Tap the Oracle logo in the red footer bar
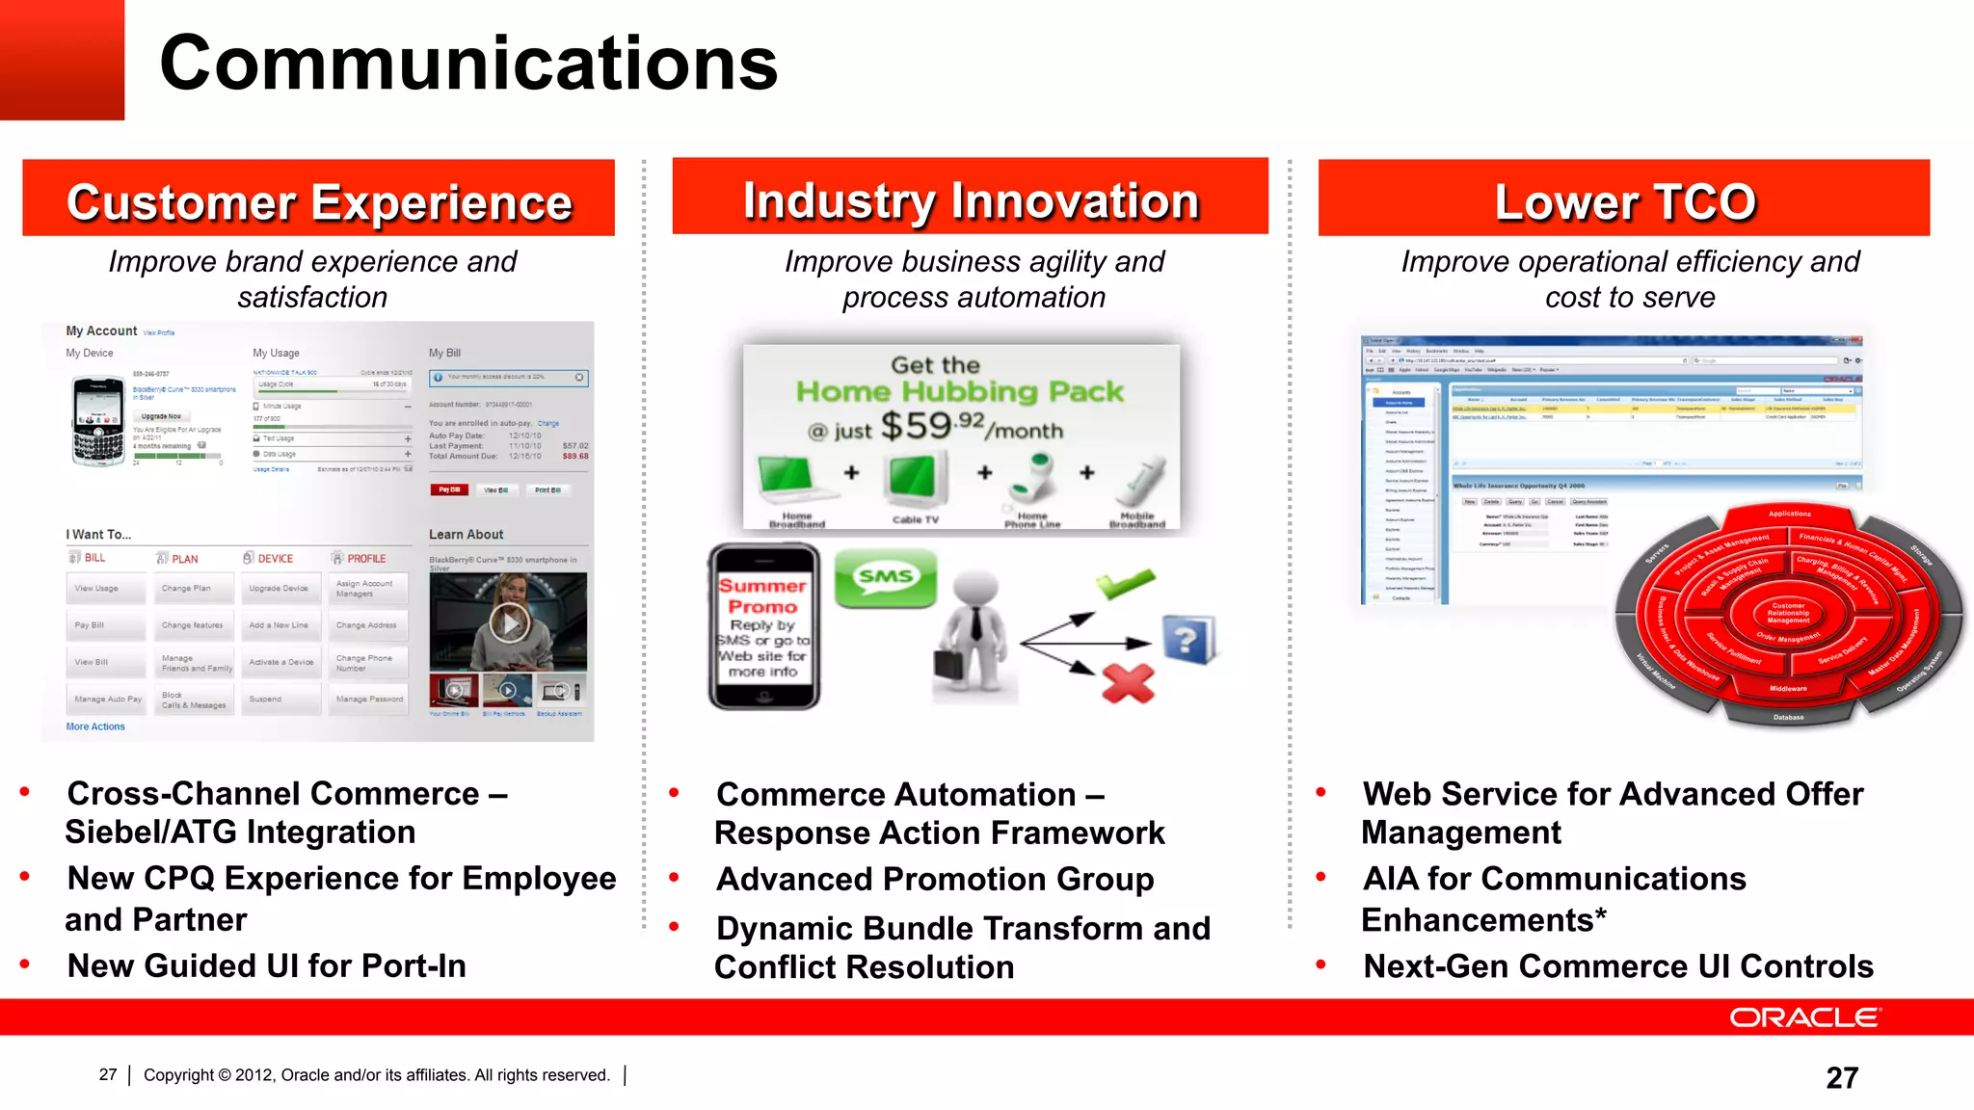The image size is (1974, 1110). [x=1803, y=1017]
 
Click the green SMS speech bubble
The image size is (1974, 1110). [x=885, y=578]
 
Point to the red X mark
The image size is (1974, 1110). [x=1128, y=683]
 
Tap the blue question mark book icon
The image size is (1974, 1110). [x=1188, y=639]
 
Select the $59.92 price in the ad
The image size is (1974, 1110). [x=931, y=425]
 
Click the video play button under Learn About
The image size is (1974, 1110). [x=509, y=623]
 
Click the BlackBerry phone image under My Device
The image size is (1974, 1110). [x=98, y=421]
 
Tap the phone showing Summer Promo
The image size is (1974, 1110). [x=763, y=627]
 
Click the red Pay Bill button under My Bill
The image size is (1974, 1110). [x=449, y=489]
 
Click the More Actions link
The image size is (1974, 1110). [x=95, y=727]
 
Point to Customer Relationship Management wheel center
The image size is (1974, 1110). [x=1788, y=613]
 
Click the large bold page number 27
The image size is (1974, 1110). [x=1841, y=1077]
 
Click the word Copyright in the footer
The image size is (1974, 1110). [x=179, y=1075]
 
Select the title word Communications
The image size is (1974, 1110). [x=468, y=63]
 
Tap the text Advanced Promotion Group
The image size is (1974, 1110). [x=935, y=879]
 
